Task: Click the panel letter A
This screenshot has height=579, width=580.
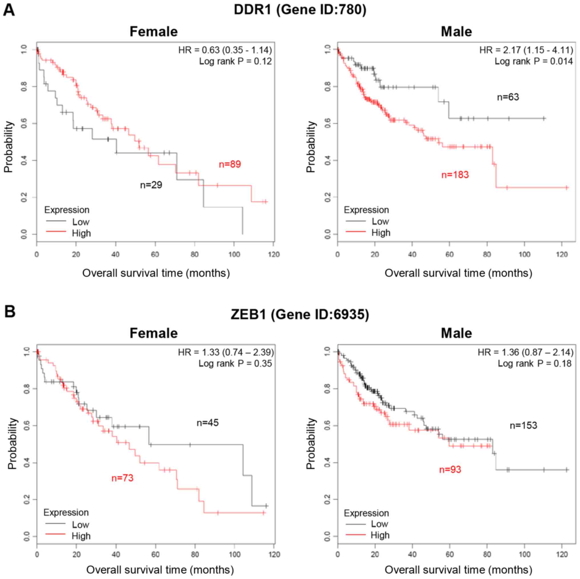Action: (x=9, y=11)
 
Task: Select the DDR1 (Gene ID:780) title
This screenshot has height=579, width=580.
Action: (x=300, y=10)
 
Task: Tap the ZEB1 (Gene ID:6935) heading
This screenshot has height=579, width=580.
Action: (x=300, y=314)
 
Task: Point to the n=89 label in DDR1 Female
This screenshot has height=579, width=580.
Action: (x=230, y=164)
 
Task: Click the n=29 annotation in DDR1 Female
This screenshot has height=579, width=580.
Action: (x=151, y=185)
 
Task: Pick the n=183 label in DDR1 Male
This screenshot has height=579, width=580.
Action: (x=455, y=175)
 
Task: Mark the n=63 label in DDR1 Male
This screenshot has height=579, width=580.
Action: (x=508, y=97)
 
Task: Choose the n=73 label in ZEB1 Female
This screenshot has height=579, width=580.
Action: (x=122, y=478)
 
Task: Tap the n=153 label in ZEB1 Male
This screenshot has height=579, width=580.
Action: (x=523, y=426)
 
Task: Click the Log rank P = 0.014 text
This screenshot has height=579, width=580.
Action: (x=533, y=61)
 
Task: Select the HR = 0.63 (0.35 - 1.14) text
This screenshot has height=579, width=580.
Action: (x=225, y=50)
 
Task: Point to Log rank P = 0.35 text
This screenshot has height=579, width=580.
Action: (x=235, y=363)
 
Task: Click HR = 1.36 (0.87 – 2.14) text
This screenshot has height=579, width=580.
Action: (x=525, y=352)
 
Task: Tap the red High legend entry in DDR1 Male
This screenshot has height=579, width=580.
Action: (x=381, y=233)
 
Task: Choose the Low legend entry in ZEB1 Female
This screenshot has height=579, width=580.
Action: (x=80, y=525)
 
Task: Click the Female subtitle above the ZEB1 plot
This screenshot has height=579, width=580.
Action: (x=153, y=333)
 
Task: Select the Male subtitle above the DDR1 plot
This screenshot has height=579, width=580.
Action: (x=456, y=31)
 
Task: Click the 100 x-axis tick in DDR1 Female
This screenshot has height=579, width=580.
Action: (x=234, y=254)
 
